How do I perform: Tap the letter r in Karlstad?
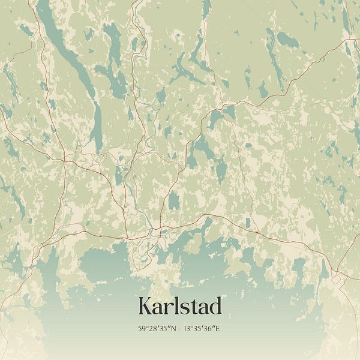coord(169,308)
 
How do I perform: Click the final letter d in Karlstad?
coord(215,306)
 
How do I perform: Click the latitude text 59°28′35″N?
coord(155,329)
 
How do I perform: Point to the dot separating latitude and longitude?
coord(179,329)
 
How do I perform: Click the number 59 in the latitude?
coord(142,329)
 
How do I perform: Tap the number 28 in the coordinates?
coord(151,329)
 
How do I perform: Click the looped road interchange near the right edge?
coord(337,278)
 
